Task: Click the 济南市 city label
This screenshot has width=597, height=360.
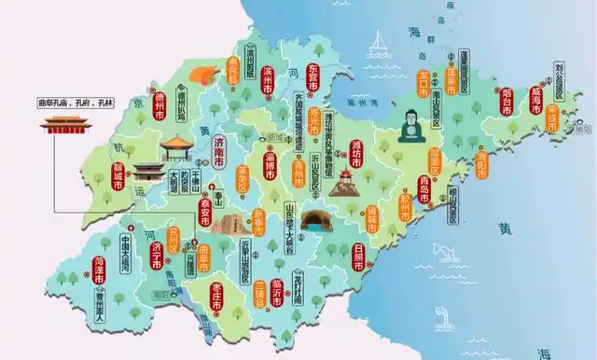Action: tap(219, 152)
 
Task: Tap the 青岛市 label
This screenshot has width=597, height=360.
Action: tap(451, 187)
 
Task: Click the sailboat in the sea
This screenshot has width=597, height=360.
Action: tap(380, 43)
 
